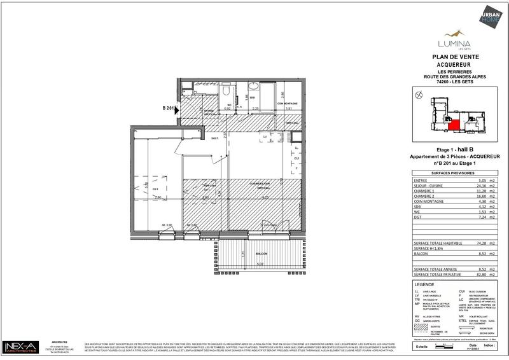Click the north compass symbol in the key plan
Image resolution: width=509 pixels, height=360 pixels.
click(417, 95)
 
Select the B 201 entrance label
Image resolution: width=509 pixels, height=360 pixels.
click(169, 109)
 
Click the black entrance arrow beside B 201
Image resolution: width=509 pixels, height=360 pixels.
click(180, 109)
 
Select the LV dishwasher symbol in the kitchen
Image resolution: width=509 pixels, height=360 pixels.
click(265, 137)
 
